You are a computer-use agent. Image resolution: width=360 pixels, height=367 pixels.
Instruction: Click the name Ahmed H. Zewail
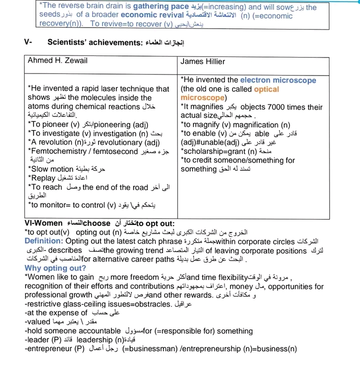point(57,61)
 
